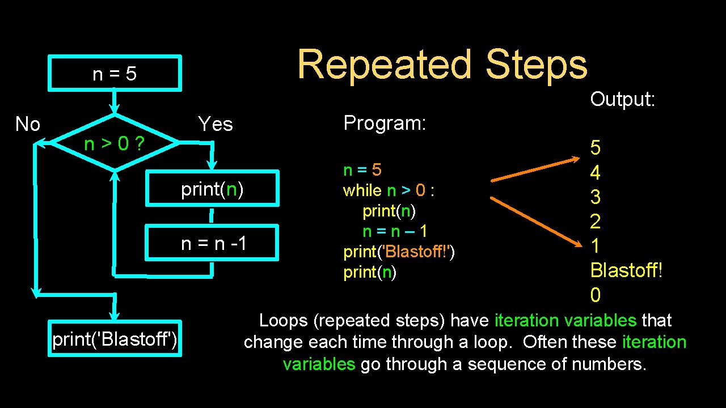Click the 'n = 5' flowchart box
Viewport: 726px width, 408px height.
[x=115, y=73]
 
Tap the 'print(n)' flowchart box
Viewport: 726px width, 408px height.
[x=212, y=189]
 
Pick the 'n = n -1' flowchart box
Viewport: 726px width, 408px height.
[x=213, y=243]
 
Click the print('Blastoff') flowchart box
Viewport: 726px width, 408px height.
[x=115, y=339]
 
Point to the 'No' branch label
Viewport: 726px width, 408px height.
[x=27, y=124]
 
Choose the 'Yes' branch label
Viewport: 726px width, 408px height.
[x=215, y=124]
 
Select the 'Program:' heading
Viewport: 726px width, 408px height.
[x=385, y=122]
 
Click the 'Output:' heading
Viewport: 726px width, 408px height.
[x=623, y=99]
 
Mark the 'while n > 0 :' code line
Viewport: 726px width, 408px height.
[x=389, y=190]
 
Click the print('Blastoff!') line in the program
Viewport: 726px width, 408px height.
[x=399, y=252]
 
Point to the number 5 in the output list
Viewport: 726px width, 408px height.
[x=595, y=148]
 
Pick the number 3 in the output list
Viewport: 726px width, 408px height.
[x=595, y=197]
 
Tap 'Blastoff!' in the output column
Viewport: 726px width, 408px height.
[x=626, y=270]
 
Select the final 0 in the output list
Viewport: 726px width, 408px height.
[x=595, y=295]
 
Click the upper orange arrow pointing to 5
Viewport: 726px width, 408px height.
[x=538, y=170]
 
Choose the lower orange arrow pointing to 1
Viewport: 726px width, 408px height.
[x=538, y=222]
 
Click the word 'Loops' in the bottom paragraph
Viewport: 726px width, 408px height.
[x=283, y=321]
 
